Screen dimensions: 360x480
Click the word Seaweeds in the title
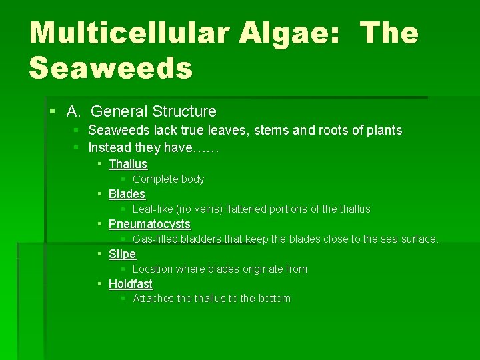coord(111,67)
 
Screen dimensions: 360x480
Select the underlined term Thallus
coord(128,164)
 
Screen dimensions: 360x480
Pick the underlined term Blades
coord(127,194)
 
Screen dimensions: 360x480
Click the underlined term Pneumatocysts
coord(149,224)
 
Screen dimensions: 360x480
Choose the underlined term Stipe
coord(122,254)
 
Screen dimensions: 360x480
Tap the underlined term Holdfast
coord(131,284)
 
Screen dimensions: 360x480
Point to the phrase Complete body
coord(168,179)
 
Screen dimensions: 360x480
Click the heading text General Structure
coord(154,111)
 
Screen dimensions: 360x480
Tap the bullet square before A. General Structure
coord(53,111)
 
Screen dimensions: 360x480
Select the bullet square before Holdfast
coord(99,284)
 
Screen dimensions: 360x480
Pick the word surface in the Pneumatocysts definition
coord(418,239)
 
